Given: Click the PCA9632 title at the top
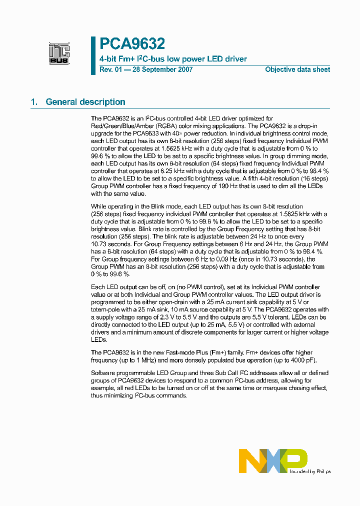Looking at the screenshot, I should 132,44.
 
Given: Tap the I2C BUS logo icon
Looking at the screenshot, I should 59,53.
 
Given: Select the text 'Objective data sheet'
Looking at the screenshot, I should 297,69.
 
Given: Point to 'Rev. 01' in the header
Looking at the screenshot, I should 110,69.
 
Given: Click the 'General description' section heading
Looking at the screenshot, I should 85,102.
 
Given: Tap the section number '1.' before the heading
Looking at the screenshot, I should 34,102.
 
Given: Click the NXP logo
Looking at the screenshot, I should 272,460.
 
